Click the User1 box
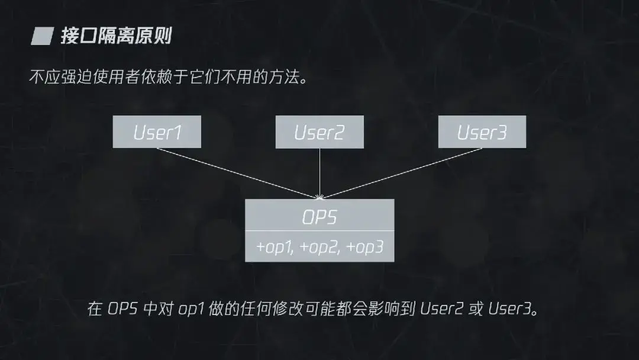tap(157, 131)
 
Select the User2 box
tap(319, 131)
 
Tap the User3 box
tap(482, 131)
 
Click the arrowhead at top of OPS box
tap(319, 196)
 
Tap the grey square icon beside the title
tap(41, 37)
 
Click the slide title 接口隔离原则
tap(116, 36)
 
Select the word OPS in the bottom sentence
tap(122, 309)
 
